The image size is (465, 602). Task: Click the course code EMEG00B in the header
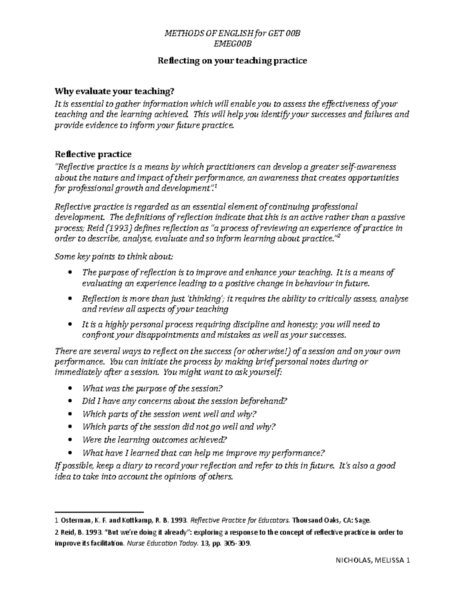click(232, 44)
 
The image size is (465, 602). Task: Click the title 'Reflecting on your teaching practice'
click(232, 60)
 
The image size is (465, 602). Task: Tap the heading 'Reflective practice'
click(93, 154)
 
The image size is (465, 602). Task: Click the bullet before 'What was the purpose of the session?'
click(70, 388)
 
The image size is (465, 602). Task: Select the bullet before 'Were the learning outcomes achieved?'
click(70, 440)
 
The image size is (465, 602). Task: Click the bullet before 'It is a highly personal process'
click(70, 324)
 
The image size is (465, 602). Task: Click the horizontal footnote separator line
click(100, 512)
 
